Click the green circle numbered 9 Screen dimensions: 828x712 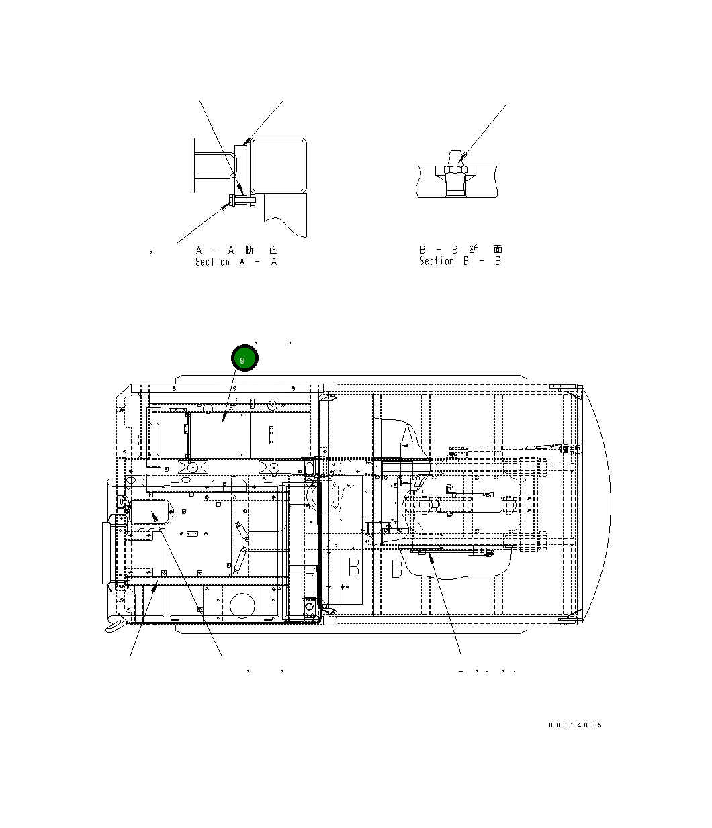(244, 359)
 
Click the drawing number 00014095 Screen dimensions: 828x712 (575, 725)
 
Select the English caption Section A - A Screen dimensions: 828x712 (236, 262)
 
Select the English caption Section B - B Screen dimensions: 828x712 (460, 261)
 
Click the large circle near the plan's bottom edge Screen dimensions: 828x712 (242, 605)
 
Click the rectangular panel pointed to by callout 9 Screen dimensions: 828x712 (220, 435)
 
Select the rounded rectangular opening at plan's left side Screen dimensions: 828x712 (148, 512)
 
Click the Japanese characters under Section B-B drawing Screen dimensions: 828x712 (484, 250)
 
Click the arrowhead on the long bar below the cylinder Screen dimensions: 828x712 (431, 554)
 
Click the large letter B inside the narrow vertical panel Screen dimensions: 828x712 (353, 567)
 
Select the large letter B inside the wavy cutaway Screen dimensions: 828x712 (397, 569)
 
